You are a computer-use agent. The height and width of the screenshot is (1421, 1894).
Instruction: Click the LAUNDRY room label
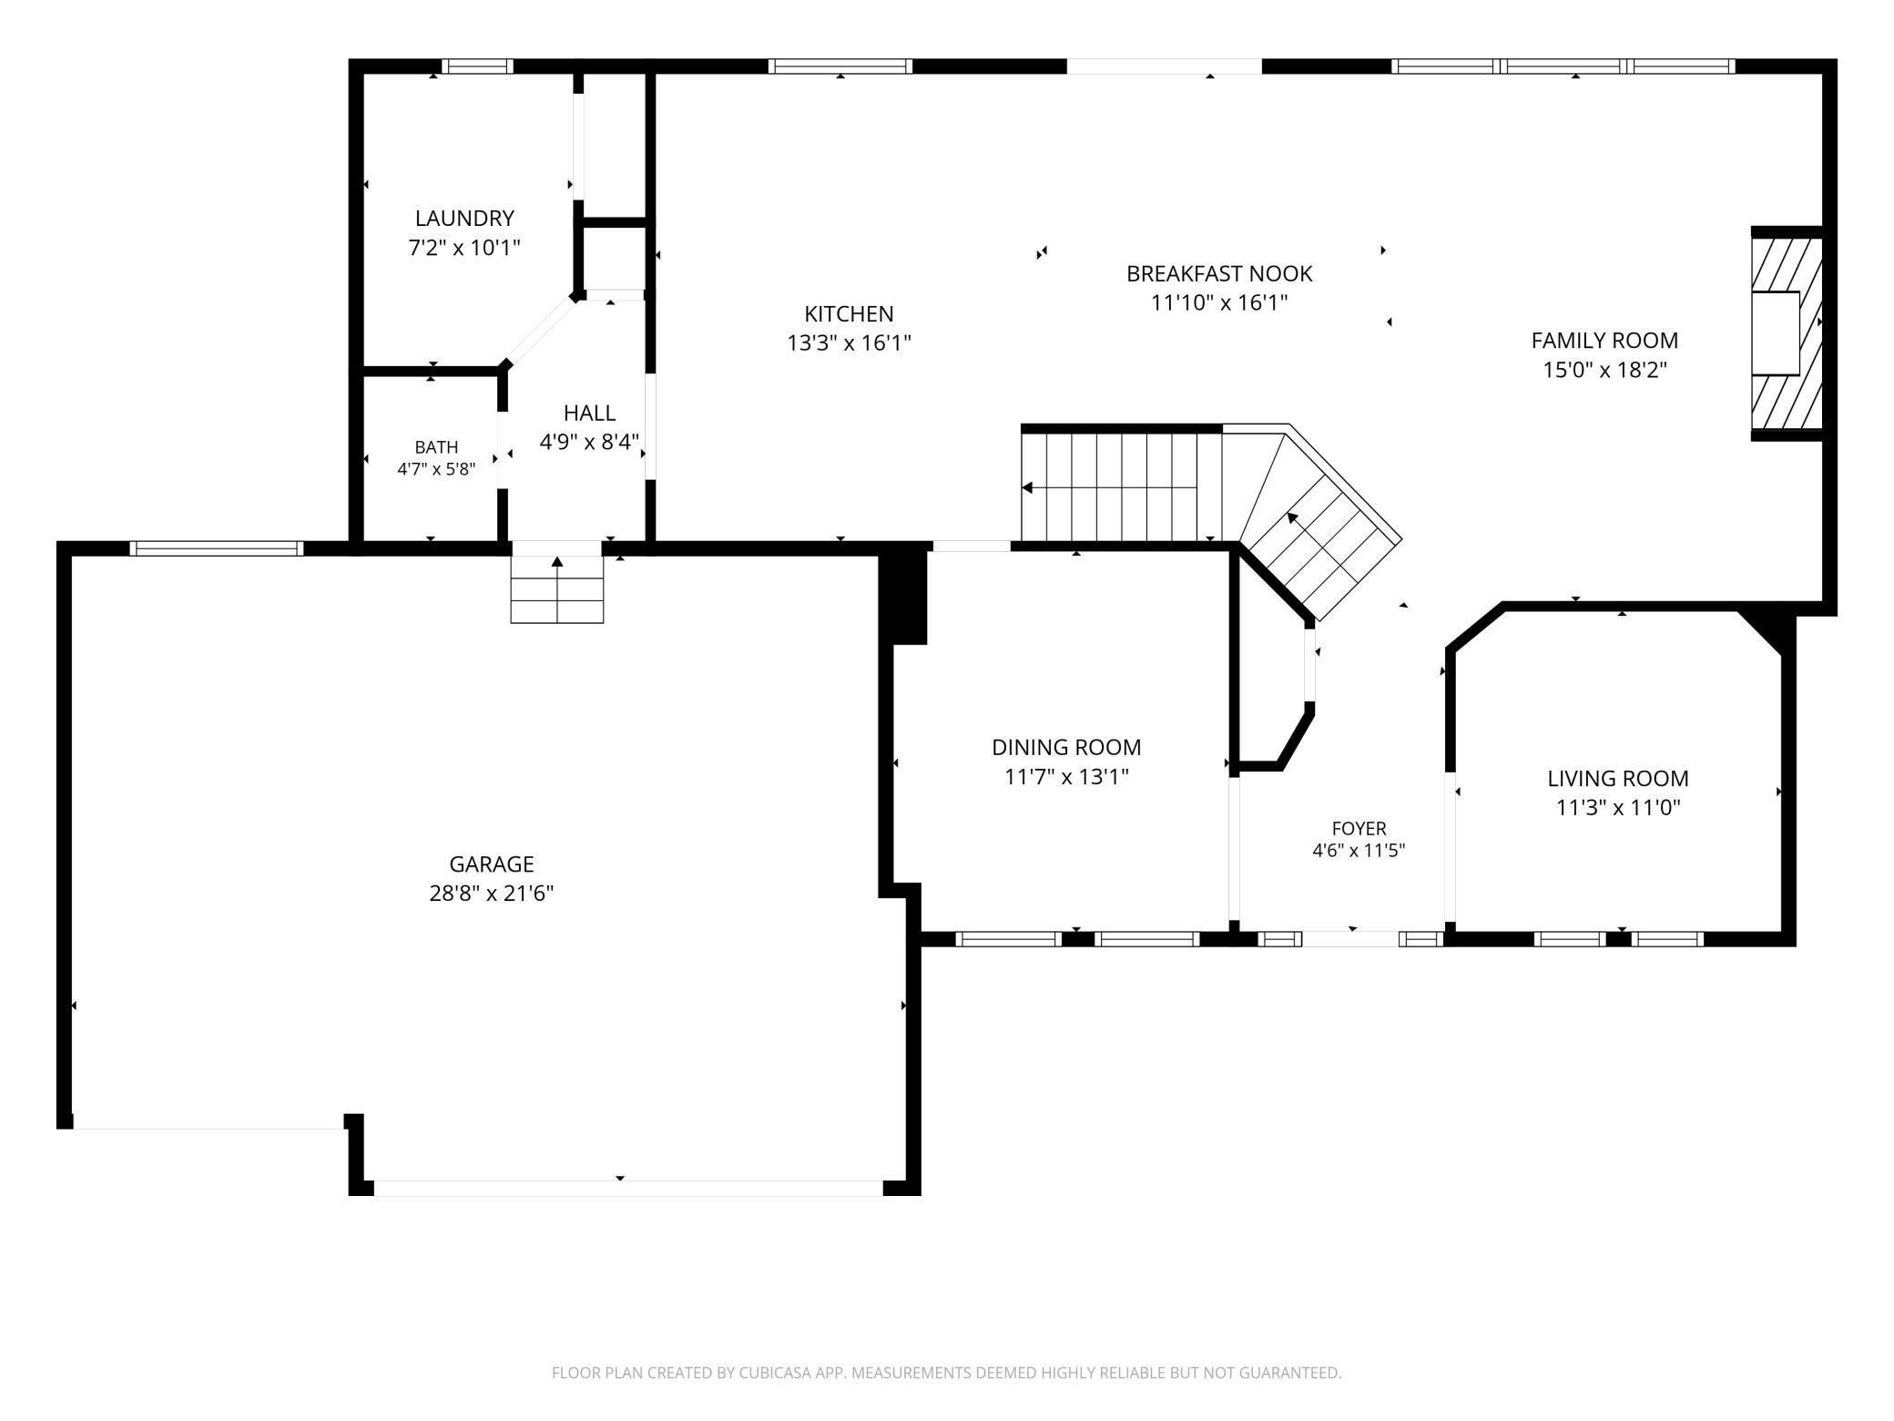coord(464,219)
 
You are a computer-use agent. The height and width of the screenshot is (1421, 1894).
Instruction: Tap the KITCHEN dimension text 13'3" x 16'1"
coord(849,343)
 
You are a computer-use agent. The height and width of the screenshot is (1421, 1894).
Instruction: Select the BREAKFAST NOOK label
coord(1219,273)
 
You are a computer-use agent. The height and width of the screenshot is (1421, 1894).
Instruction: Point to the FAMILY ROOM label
coord(1604,341)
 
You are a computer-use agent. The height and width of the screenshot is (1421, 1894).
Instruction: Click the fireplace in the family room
coord(1787,333)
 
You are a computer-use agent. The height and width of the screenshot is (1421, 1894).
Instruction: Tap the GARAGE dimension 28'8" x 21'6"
coord(492,894)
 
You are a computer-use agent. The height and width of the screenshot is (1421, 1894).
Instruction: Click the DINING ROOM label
coord(1066,748)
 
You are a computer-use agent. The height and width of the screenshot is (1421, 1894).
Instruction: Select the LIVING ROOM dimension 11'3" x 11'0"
coord(1618,808)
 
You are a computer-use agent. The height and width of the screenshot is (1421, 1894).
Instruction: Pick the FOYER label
coord(1359,829)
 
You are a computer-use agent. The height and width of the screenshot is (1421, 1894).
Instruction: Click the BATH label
coord(436,447)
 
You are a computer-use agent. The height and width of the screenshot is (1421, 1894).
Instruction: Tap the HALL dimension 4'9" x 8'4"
coord(589,443)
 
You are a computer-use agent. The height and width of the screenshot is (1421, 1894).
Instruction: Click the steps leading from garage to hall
coord(557,589)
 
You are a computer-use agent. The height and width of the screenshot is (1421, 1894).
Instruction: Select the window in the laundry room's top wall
coord(477,66)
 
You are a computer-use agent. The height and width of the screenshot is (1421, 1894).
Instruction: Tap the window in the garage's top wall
coord(216,548)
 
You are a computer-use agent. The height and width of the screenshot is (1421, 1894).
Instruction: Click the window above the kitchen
coord(840,66)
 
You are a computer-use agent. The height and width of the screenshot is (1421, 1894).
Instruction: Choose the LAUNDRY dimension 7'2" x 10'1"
coord(464,248)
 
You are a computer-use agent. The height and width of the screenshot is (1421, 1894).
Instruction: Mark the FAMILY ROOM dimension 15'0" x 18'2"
coord(1604,370)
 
